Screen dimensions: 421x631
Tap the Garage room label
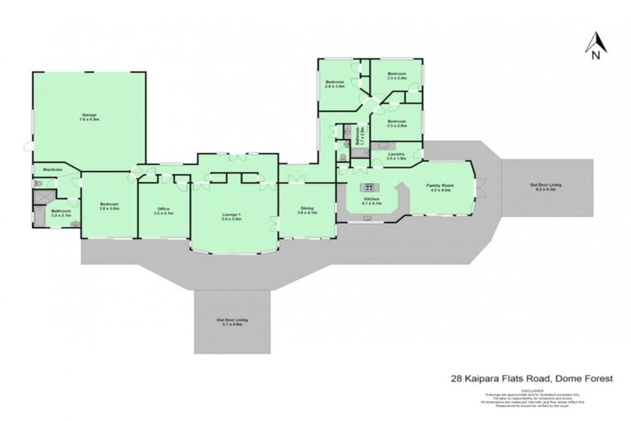point(90,117)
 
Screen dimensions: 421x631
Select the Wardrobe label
point(43,170)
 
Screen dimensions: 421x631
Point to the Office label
point(164,210)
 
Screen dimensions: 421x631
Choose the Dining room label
point(306,210)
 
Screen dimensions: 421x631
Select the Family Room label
point(439,187)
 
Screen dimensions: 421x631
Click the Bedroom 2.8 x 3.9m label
point(334,83)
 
